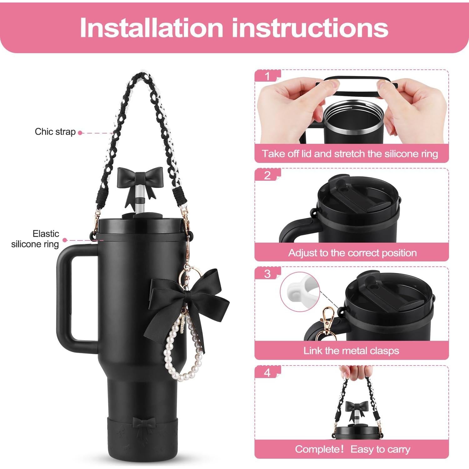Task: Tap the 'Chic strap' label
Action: pos(55,132)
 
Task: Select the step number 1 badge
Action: pos(267,76)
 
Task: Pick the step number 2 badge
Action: pos(267,175)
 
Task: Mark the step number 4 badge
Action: pos(267,373)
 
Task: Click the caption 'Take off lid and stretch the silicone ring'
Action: pos(350,154)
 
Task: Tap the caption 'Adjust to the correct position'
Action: pos(352,253)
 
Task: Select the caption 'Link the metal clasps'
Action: pos(351,350)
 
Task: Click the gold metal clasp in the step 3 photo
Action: pos(328,324)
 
